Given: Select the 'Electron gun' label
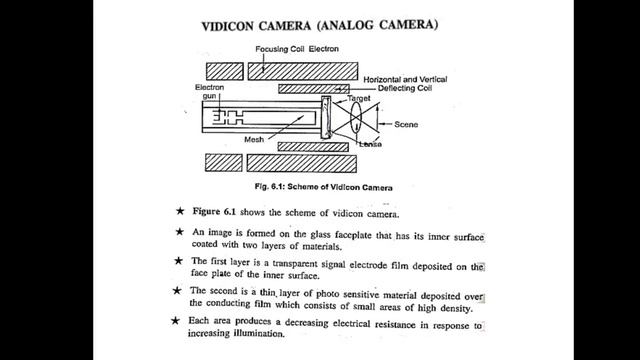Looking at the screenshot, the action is [209, 91].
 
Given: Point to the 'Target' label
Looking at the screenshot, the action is [359, 98].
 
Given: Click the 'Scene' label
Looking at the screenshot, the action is [406, 124].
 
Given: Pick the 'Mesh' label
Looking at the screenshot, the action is [254, 140].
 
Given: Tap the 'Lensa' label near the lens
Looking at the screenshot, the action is [371, 144].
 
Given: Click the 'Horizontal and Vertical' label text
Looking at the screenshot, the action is [405, 79].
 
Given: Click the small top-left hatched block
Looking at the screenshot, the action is [224, 71].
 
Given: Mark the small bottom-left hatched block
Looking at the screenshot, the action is [224, 162].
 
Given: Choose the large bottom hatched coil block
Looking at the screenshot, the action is [302, 163].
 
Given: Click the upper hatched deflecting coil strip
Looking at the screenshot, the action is [314, 89].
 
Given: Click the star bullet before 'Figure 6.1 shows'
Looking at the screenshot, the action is [180, 211].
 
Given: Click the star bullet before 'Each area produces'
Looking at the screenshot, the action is [175, 320].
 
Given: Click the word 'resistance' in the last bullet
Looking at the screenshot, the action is [395, 324].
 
